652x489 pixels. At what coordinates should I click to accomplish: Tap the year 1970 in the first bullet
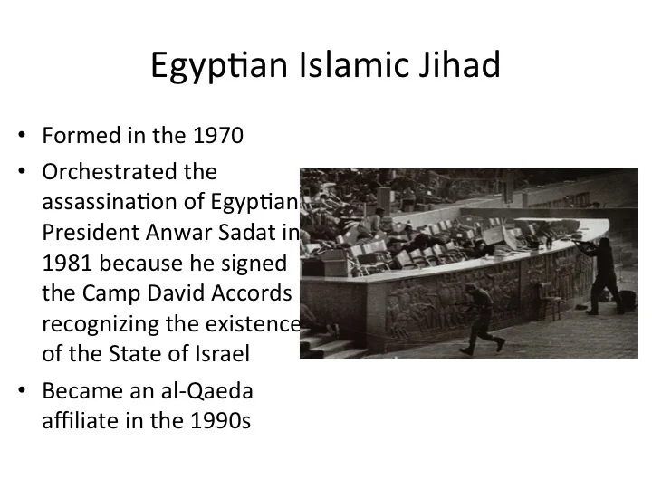(x=219, y=138)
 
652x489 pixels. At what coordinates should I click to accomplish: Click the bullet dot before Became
(x=22, y=391)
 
